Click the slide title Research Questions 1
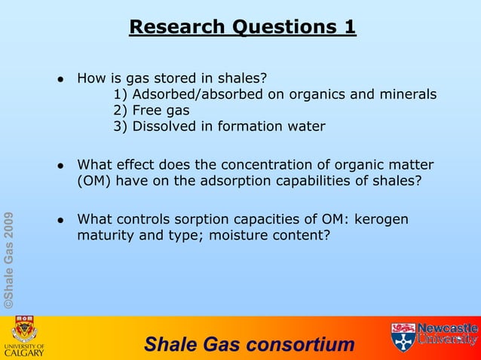(x=242, y=27)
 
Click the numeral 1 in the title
(x=349, y=27)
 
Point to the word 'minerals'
(x=409, y=94)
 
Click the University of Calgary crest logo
(x=26, y=330)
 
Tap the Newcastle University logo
(x=434, y=336)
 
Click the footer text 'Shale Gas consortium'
(x=249, y=345)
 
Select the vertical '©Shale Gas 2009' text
(x=8, y=261)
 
